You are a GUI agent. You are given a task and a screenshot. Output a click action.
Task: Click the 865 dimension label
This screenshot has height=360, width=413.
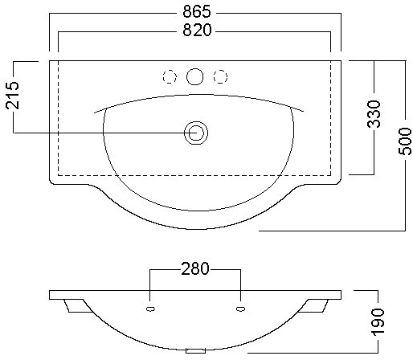click(x=197, y=11)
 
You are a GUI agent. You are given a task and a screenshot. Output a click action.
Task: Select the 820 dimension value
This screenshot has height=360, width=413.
click(x=197, y=30)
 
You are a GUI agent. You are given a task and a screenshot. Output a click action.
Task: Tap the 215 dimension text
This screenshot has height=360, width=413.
click(x=13, y=96)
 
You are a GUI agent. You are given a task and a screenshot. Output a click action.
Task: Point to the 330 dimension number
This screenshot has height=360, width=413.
click(x=374, y=114)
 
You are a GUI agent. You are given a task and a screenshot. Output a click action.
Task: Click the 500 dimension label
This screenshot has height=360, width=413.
click(x=405, y=141)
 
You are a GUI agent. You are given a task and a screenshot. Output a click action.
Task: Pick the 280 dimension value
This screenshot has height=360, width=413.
click(x=195, y=268)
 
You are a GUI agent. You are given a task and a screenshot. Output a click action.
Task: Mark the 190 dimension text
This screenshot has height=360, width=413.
click(x=378, y=322)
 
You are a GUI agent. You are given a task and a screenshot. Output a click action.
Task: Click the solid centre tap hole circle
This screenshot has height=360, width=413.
click(x=195, y=77)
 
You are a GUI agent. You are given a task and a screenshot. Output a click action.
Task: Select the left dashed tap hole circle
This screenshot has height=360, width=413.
click(x=170, y=77)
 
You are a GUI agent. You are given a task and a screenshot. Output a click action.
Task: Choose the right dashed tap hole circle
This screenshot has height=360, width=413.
click(x=220, y=77)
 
